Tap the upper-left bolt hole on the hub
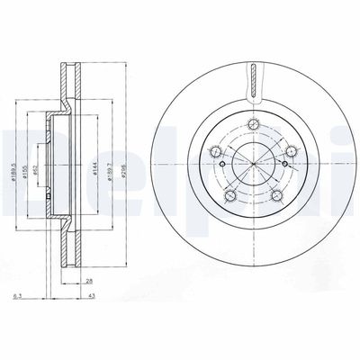(218, 151)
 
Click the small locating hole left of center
(220, 164)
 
